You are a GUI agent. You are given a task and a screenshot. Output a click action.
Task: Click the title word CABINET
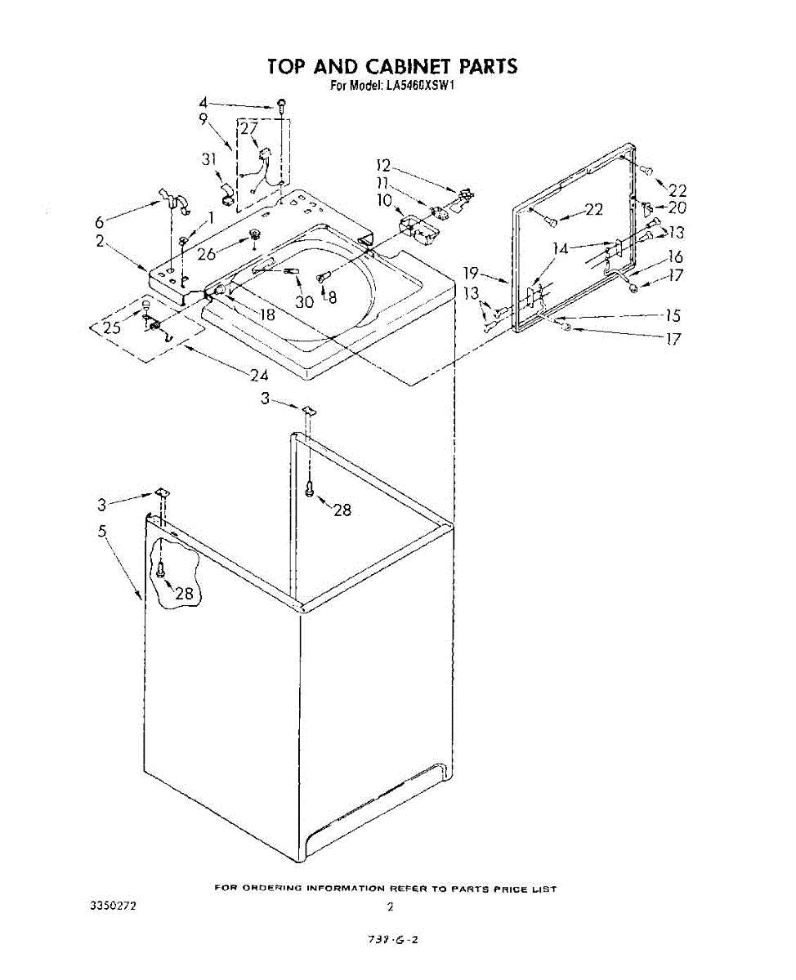click(x=394, y=66)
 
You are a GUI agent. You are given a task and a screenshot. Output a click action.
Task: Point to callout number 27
click(x=249, y=128)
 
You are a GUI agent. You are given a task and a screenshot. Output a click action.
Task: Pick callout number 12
click(x=384, y=166)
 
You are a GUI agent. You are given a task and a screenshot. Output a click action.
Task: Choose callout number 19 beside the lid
click(x=471, y=274)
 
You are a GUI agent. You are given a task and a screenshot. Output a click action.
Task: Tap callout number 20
click(x=677, y=207)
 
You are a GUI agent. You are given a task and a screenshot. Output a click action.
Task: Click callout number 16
click(x=675, y=257)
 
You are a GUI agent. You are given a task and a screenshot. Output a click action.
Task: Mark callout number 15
click(x=673, y=316)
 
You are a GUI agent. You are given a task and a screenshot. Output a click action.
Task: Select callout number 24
click(x=259, y=376)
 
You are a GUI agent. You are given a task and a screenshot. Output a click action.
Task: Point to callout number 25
click(x=111, y=329)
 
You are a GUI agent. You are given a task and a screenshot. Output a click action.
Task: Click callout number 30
click(x=304, y=301)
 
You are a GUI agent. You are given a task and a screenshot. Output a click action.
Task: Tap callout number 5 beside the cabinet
click(x=102, y=532)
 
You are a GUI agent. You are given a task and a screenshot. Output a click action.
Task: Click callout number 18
click(x=267, y=313)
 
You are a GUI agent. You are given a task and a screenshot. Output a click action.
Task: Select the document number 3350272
click(x=112, y=906)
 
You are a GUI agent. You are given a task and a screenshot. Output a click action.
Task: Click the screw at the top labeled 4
click(x=282, y=105)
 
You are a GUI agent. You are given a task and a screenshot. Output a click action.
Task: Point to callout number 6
click(x=100, y=221)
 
